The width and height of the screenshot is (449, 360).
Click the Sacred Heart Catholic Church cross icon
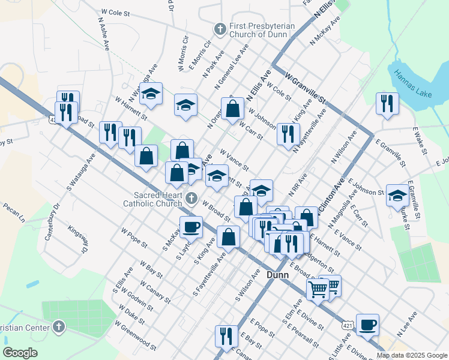click(x=191, y=198)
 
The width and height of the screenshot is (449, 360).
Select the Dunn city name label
click(x=277, y=275)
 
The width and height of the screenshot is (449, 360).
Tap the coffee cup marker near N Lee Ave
click(x=367, y=325)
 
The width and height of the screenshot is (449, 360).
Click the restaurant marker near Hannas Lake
click(x=387, y=103)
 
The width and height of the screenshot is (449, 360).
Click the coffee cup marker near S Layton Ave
click(x=191, y=227)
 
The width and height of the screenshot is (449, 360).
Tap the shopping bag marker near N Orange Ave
click(x=232, y=109)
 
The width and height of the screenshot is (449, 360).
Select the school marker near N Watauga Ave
click(x=151, y=94)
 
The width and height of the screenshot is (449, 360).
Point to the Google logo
click(x=20, y=353)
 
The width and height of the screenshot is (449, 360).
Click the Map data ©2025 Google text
click(x=412, y=355)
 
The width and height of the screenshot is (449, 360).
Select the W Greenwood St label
click(x=138, y=337)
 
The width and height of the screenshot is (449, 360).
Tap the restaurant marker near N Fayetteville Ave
click(x=288, y=134)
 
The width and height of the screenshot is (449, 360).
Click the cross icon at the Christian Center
click(x=58, y=327)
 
